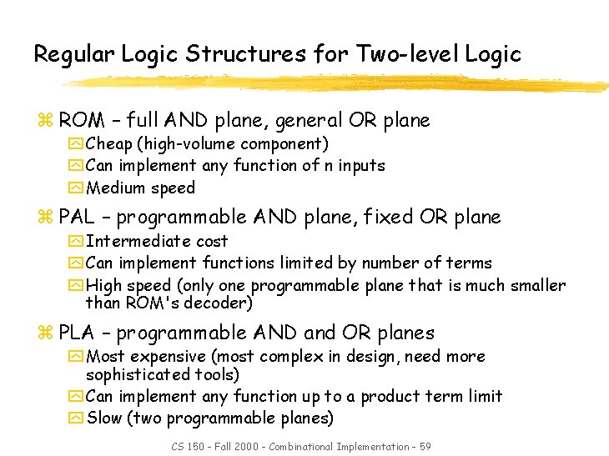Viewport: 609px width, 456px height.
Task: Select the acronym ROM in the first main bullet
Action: (x=82, y=121)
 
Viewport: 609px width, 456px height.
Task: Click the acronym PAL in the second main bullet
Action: (x=77, y=218)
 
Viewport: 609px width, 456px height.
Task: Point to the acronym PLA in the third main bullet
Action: (x=77, y=333)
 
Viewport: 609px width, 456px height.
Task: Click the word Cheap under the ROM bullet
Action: (x=108, y=144)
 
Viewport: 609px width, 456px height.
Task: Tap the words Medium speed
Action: (x=140, y=188)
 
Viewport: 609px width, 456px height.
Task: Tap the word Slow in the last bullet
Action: (x=104, y=418)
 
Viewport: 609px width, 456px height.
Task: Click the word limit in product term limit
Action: (x=486, y=397)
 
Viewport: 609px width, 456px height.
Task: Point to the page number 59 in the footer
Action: (x=425, y=447)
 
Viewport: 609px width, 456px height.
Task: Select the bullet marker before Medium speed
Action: (x=76, y=188)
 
